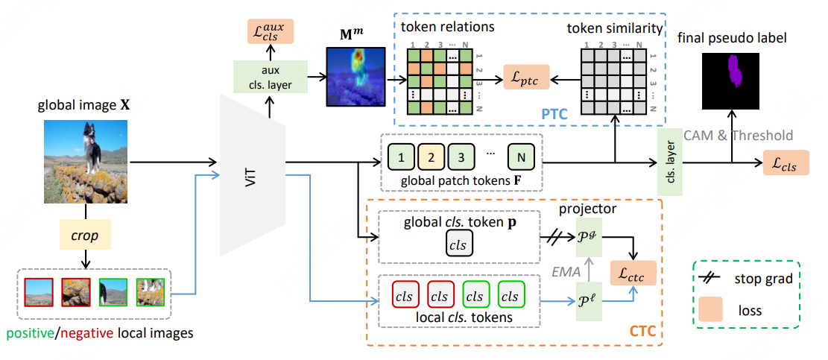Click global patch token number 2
coord(432,158)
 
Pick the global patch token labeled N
coord(520,158)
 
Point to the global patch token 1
coord(402,158)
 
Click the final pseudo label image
coord(733,76)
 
